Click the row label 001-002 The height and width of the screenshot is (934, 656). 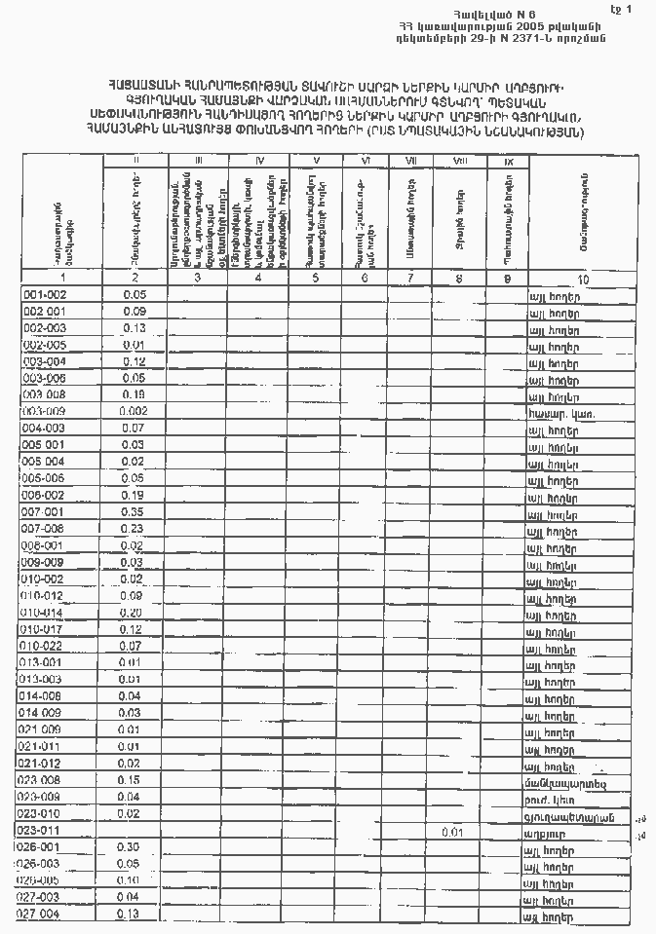45,294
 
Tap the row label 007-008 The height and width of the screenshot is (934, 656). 44,529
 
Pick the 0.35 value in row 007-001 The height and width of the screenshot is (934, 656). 135,511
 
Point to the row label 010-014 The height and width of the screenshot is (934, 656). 43,613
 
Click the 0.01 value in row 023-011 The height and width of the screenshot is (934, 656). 450,832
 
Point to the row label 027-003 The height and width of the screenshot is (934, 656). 41,897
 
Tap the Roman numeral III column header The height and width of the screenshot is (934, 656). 199,160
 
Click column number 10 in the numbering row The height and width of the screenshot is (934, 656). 583,279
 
